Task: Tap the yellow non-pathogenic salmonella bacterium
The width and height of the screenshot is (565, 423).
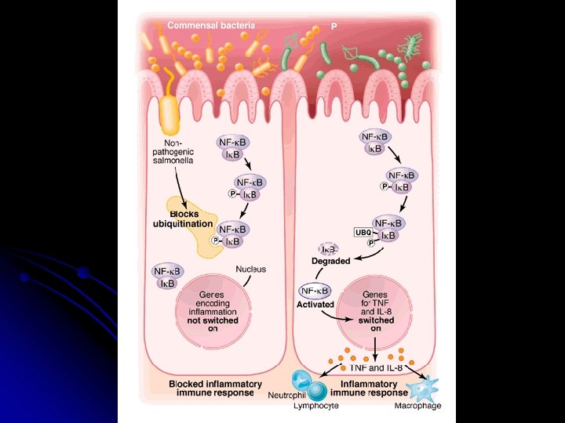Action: pos(169,116)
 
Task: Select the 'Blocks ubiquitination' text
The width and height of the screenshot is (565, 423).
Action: pos(182,219)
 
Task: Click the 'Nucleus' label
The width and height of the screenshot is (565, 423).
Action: pos(251,269)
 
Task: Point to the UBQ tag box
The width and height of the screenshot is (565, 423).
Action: pos(363,233)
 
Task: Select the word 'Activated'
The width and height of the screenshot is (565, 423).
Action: pos(316,304)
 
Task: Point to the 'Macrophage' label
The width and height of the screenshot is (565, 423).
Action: pos(417,406)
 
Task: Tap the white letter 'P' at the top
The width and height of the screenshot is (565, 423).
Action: pos(334,26)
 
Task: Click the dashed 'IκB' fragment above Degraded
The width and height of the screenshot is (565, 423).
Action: pos(330,249)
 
